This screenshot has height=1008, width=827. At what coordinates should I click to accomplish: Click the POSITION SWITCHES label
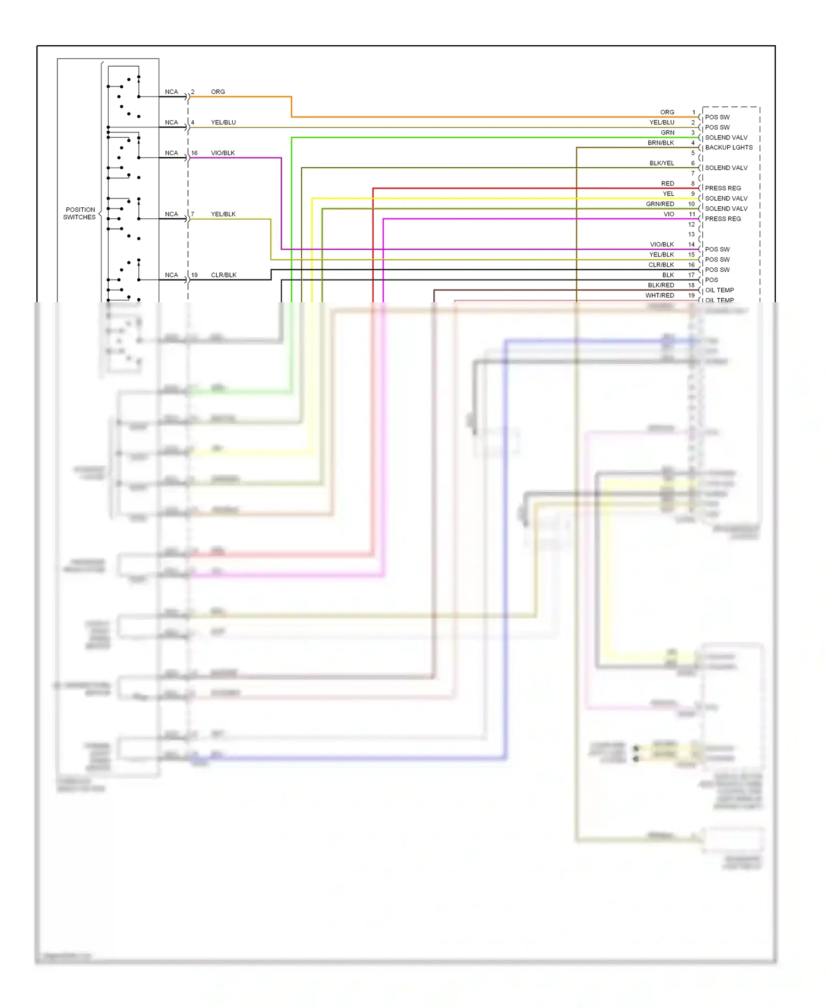click(80, 213)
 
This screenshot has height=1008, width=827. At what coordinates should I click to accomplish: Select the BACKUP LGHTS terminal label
click(728, 147)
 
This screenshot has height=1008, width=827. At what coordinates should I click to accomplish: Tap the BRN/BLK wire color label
click(660, 143)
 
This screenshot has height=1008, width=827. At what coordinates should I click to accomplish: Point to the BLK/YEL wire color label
click(662, 163)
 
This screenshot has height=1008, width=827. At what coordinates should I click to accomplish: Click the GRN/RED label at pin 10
click(660, 204)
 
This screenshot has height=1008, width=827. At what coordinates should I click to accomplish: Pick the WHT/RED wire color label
click(659, 296)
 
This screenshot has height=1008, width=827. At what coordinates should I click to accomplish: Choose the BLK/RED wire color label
click(660, 285)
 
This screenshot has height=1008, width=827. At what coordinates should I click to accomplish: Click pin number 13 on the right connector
click(691, 234)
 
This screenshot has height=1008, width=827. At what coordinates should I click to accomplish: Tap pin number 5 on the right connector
click(693, 153)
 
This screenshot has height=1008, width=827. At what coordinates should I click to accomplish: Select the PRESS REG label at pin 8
click(723, 188)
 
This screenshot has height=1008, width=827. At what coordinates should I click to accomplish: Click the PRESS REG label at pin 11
click(723, 219)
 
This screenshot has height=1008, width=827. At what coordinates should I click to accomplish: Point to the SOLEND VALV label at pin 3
click(726, 137)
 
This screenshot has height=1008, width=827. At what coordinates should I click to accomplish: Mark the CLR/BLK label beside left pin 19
click(223, 275)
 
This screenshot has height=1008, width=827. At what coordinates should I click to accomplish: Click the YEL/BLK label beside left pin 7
click(223, 214)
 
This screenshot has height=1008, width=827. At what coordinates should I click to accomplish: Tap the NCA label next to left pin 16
click(171, 153)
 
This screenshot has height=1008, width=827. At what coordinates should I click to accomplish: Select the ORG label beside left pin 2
click(218, 92)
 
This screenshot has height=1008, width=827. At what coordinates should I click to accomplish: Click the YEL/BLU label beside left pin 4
click(223, 122)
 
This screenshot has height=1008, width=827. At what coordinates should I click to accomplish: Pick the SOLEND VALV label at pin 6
click(726, 168)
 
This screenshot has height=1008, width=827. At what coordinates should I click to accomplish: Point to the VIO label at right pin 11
click(668, 214)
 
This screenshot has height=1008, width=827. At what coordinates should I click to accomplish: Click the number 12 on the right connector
click(691, 224)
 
